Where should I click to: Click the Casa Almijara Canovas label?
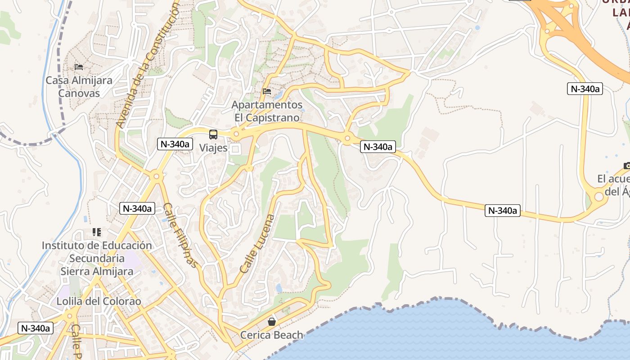79,86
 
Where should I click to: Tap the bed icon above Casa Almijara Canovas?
79,67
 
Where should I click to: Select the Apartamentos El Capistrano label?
267,111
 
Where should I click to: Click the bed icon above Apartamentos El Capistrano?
267,91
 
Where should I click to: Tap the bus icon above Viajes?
213,134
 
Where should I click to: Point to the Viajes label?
213,148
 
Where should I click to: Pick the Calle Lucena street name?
257,243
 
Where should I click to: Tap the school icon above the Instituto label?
97,232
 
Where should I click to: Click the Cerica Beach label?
271,335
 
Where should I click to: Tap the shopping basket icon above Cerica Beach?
271,321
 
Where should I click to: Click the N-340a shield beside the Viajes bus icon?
175,144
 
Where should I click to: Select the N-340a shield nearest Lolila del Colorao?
36,328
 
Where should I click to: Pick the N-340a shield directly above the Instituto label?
137,208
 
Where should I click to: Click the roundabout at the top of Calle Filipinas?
156,176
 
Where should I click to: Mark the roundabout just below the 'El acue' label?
599,197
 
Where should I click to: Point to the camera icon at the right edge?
627,166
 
